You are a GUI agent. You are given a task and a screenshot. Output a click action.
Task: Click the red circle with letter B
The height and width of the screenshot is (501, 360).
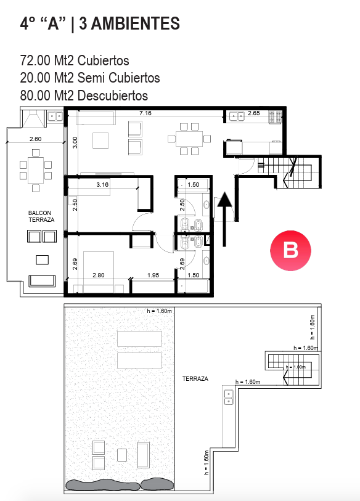pyautogui.click(x=290, y=250)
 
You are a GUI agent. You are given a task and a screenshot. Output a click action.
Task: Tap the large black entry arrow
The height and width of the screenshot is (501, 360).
pyautogui.click(x=225, y=219)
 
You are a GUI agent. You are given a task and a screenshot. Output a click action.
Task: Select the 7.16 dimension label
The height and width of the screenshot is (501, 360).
pyautogui.click(x=145, y=113)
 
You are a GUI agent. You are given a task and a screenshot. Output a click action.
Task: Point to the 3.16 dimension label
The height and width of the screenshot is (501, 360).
pyautogui.click(x=102, y=184)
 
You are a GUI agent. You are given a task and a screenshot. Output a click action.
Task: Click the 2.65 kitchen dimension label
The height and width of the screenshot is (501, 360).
pyautogui.click(x=254, y=113)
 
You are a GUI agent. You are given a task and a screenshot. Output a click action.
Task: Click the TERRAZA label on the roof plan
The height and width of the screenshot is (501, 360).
pyautogui.click(x=195, y=378)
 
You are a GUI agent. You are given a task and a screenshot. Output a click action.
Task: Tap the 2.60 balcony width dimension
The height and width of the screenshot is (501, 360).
pyautogui.click(x=36, y=139)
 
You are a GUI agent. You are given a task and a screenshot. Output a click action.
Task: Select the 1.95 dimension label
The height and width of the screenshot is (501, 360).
pyautogui.click(x=153, y=275)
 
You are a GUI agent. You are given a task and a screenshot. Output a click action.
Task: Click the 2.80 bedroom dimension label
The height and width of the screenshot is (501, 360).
pyautogui.click(x=99, y=275)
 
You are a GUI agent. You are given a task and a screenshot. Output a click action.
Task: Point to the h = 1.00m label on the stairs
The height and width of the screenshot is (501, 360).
pyautogui.click(x=296, y=367)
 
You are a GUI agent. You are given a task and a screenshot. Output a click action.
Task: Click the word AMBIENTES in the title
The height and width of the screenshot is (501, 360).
pyautogui.click(x=129, y=23)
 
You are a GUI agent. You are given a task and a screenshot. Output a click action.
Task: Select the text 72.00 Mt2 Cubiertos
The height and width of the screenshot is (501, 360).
pyautogui.click(x=75, y=60)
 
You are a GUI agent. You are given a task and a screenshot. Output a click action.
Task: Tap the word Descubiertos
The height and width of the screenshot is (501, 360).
pyautogui.click(x=113, y=96)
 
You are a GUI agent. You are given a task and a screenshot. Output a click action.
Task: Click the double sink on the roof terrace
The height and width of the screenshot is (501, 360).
pyautogui.click(x=229, y=397)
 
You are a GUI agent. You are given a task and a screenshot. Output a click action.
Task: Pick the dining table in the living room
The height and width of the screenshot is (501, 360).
pyautogui.click(x=189, y=139)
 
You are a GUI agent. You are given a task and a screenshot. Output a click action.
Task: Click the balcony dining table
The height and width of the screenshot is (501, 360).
pyautogui.click(x=36, y=170)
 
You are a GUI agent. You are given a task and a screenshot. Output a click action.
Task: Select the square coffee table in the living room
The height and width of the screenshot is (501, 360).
pyautogui.click(x=100, y=141)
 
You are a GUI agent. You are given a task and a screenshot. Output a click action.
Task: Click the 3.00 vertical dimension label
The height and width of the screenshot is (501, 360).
pyautogui.click(x=75, y=142)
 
